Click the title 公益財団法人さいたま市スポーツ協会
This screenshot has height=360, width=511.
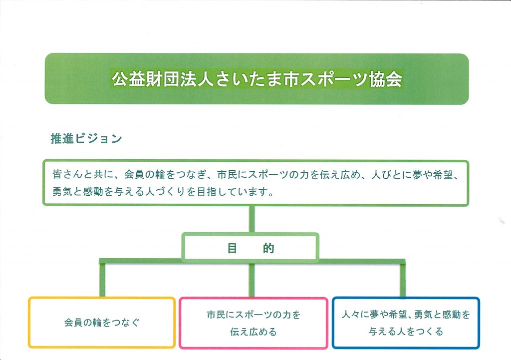coord(257,79)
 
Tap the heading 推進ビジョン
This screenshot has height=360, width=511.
coord(86,139)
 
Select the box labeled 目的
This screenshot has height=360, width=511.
coord(251,248)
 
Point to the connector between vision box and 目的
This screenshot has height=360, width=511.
coord(252,219)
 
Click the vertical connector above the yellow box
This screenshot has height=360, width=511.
coord(102,280)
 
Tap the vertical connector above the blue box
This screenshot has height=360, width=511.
coord(403,280)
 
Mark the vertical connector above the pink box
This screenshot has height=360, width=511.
coord(252,280)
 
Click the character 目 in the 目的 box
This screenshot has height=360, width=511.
coord(232,248)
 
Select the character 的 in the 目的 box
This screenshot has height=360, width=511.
coord(268,248)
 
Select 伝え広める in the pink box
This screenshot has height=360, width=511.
coord(253,332)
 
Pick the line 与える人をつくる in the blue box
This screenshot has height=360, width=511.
coord(406,332)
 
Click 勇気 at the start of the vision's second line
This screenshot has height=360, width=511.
coord(62,191)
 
